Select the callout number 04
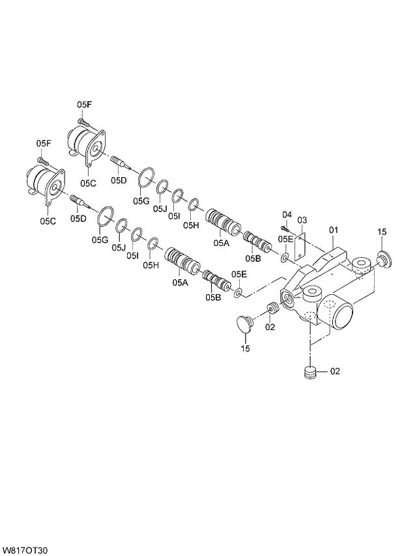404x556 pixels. pos(286,215)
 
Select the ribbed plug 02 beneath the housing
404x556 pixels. pos(310,372)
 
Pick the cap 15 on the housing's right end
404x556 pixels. pos(381,262)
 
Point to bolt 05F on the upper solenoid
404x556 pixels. pos(83,122)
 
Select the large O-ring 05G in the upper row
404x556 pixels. pos(146,176)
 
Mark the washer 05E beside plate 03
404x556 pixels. pos(285,260)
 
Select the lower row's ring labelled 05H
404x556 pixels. pos(153,244)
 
